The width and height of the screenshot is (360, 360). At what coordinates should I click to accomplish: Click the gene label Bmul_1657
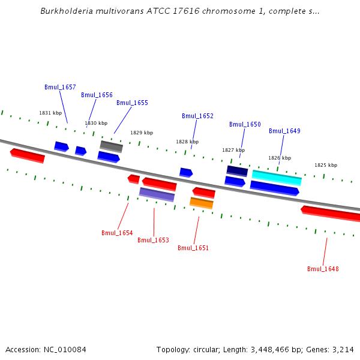click(x=60, y=87)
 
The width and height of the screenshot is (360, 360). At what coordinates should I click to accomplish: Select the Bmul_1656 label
click(x=97, y=95)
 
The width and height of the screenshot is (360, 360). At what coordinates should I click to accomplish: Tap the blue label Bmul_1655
click(x=132, y=103)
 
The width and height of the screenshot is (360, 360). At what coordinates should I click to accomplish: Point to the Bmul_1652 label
click(x=197, y=116)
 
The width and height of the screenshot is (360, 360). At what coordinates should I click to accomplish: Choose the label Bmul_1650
click(x=245, y=124)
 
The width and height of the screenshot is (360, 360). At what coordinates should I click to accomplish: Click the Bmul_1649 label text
click(x=284, y=131)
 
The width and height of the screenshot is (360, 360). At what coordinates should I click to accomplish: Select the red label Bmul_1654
click(x=117, y=233)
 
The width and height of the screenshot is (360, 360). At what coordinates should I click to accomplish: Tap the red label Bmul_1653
click(x=153, y=240)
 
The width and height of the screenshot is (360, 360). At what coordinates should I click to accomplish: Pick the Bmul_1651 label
click(x=193, y=248)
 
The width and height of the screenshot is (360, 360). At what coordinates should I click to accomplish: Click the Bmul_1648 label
click(x=323, y=269)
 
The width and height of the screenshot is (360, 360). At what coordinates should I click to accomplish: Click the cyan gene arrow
click(x=277, y=178)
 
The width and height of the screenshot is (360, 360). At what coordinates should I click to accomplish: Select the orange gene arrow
click(x=202, y=203)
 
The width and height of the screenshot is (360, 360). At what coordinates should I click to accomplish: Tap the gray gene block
click(x=111, y=146)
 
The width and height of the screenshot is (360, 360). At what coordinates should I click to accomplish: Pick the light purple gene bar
click(x=157, y=194)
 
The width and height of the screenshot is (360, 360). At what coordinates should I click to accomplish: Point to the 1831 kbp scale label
click(x=50, y=113)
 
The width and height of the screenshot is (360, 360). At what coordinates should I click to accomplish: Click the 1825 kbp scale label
click(x=326, y=165)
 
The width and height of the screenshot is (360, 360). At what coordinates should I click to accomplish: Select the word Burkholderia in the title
click(x=65, y=11)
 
